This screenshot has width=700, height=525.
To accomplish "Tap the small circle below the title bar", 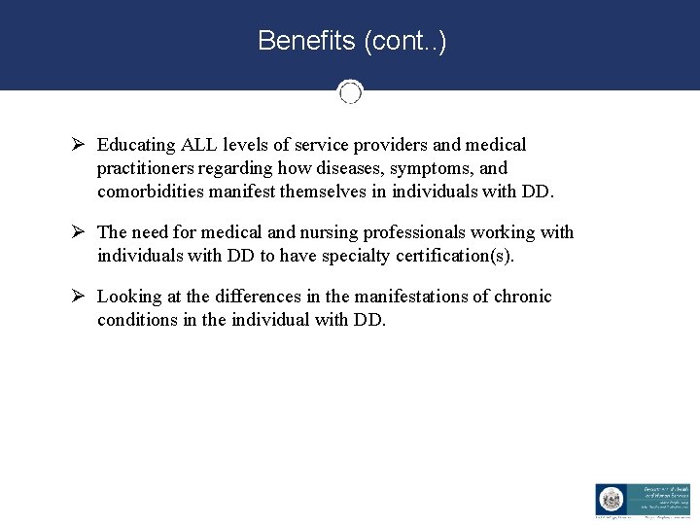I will (x=350, y=92).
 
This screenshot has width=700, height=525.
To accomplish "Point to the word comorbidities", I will (x=157, y=192).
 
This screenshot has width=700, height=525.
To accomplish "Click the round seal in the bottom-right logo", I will (x=609, y=499).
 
